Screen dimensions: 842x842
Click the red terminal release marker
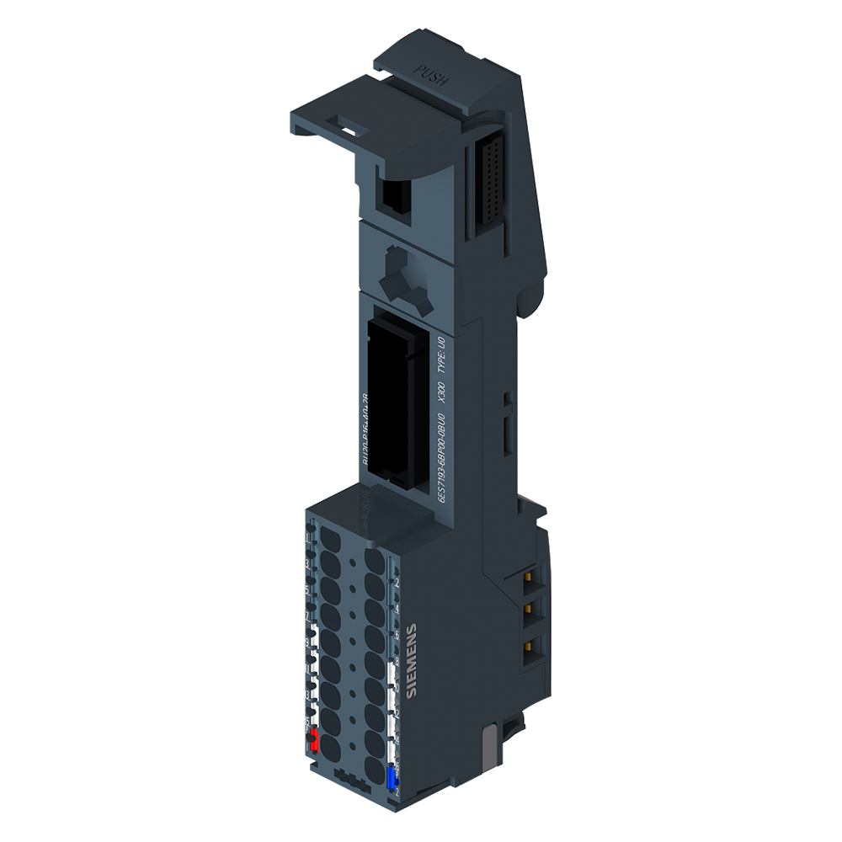tap(312, 741)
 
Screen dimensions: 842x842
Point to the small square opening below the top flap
tap(394, 197)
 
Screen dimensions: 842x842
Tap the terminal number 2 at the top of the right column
tap(397, 582)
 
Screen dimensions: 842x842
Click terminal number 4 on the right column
tap(397, 608)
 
